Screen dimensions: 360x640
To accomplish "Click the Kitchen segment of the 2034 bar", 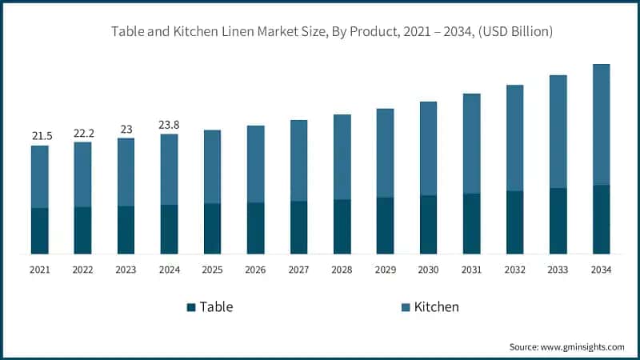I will click(x=601, y=124).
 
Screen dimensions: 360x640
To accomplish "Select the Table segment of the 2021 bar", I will click(x=39, y=231).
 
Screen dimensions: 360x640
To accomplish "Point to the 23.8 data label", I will click(x=170, y=125).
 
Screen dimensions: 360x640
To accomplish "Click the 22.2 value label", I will click(x=83, y=133).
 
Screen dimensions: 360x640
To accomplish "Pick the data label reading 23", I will click(x=126, y=129).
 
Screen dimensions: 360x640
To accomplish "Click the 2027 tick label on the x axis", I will click(x=298, y=270).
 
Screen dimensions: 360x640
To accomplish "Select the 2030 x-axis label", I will click(x=428, y=270).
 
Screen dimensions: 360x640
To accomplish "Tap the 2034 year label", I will click(x=601, y=270).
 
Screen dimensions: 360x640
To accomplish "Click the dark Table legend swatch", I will click(x=190, y=307).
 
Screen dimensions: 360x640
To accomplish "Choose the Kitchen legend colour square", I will click(x=405, y=307).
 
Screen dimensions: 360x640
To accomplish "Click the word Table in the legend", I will click(x=216, y=307).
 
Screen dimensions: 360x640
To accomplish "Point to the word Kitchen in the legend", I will click(x=436, y=307).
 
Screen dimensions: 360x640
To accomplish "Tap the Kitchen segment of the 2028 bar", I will click(x=342, y=157).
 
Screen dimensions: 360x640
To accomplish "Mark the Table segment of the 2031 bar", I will click(x=471, y=224).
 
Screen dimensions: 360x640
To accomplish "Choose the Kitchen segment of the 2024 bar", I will click(x=170, y=169).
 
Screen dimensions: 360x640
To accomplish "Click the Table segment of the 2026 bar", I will click(x=255, y=228).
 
